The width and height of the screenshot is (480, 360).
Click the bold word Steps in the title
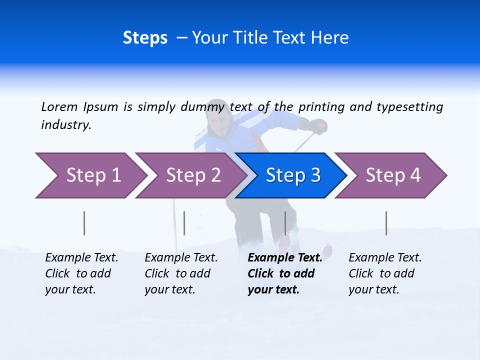tap(145, 38)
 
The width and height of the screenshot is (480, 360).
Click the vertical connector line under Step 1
tap(84, 223)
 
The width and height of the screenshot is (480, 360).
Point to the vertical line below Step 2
tap(184, 223)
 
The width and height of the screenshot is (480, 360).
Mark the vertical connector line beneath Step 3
tap(285, 223)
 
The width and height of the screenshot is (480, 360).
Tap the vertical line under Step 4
tap(386, 223)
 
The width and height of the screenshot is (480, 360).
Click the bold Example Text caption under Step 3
tap(284, 273)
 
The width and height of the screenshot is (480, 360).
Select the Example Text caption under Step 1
tap(81, 273)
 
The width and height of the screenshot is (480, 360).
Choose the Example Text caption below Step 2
tap(181, 273)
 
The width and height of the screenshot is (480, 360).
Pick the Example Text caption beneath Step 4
tap(385, 273)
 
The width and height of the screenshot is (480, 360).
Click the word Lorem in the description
tap(59, 107)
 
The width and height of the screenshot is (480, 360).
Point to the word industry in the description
tap(66, 125)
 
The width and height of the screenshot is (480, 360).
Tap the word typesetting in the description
tap(409, 107)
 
